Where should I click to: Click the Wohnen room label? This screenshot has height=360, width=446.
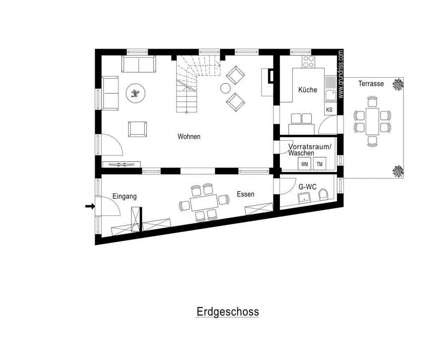coord(189,136)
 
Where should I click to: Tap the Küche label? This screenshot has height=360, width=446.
coord(307,90)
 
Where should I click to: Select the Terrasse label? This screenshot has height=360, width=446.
coord(371,84)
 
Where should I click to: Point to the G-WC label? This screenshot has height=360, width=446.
coord(307,187)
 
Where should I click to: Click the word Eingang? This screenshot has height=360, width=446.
coord(124,196)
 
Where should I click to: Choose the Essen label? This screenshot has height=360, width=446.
coord(245,194)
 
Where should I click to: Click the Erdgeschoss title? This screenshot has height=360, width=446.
coord(227,311)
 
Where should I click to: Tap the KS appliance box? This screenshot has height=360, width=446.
coord(329,109)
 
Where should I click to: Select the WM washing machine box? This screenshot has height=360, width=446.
coord(304,164)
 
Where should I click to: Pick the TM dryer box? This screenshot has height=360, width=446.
coord(320,164)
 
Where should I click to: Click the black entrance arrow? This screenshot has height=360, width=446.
coord(90,206)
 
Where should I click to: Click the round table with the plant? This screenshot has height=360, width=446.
coord(136,93)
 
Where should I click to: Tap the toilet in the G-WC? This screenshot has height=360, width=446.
coord(323,195)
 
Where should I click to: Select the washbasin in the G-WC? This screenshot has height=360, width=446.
coord(304,198)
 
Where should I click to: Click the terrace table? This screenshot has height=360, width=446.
coord(372,121)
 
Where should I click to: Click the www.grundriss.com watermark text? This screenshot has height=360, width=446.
coord(341,74)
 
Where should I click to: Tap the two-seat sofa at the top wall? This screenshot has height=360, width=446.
coord(139,64)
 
